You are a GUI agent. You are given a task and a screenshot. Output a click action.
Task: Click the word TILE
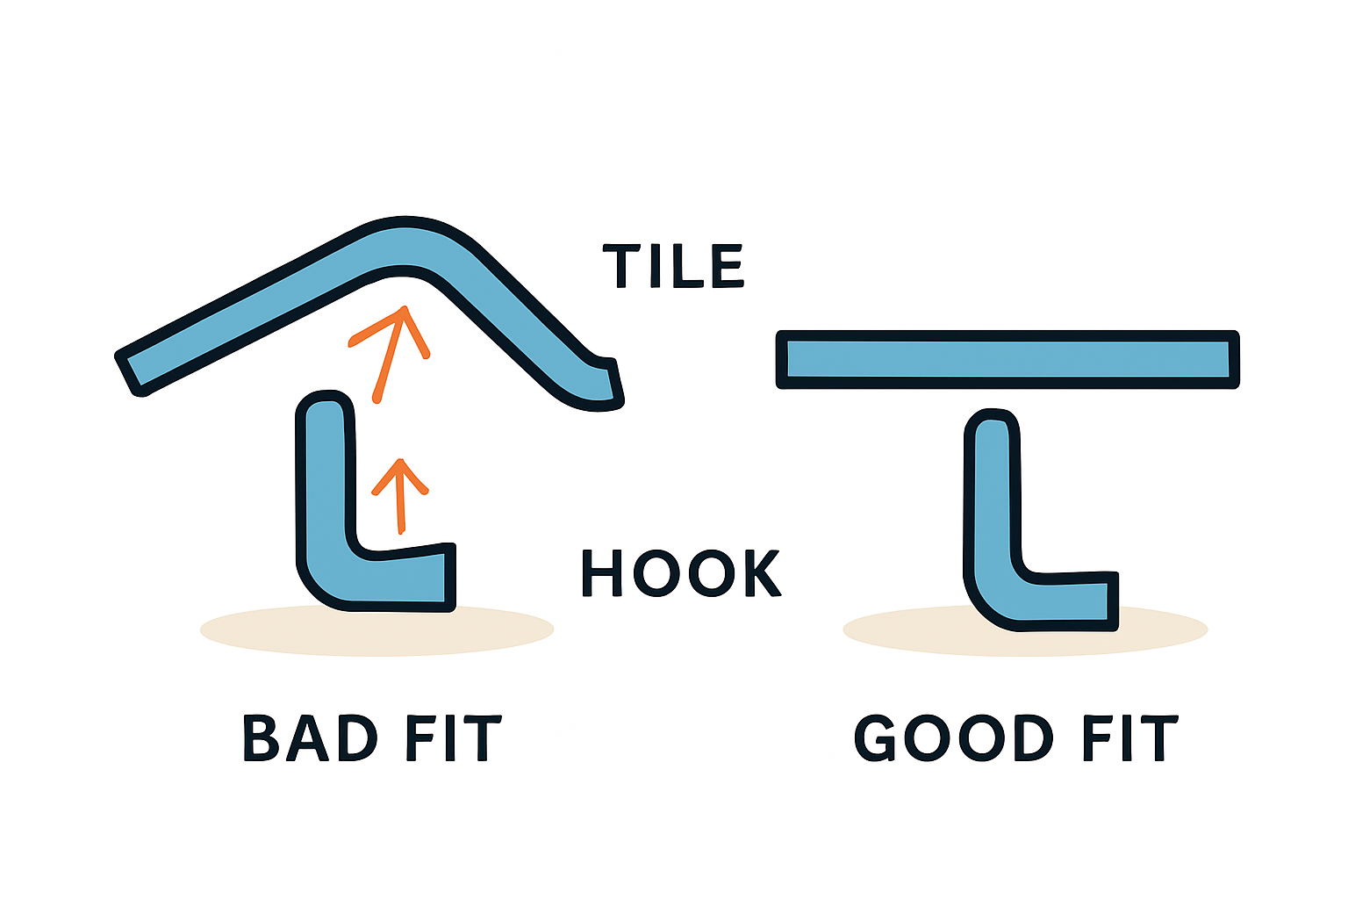click(673, 266)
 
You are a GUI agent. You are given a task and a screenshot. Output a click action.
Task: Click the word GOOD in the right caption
click(953, 737)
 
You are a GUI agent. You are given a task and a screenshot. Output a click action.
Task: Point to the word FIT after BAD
click(452, 737)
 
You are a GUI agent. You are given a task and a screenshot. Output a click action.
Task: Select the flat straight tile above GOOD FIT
click(1007, 359)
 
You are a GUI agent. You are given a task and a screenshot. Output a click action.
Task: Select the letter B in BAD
click(261, 737)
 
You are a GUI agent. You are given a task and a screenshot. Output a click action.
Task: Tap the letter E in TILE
click(728, 266)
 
